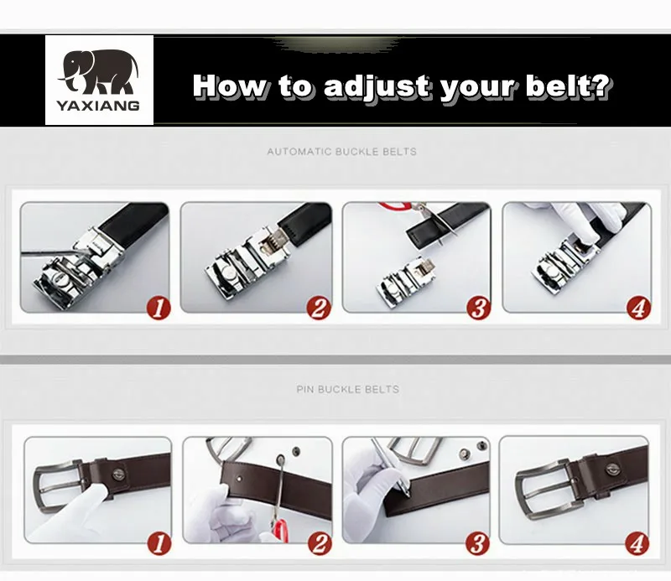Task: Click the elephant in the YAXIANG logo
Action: [x=98, y=72]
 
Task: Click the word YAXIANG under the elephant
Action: [x=98, y=106]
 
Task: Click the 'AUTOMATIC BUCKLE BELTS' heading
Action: [x=342, y=152]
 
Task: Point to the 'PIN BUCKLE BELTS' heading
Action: [x=348, y=389]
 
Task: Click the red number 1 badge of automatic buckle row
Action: [x=159, y=308]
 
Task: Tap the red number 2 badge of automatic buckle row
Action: [x=319, y=308]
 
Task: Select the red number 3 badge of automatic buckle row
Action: [x=479, y=308]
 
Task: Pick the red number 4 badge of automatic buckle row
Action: [x=639, y=308]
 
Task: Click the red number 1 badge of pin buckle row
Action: [x=159, y=544]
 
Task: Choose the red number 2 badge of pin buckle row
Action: [x=320, y=544]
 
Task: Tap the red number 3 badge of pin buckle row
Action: [x=477, y=544]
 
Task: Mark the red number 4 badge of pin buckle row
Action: [x=637, y=544]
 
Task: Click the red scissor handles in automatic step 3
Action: [x=396, y=206]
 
